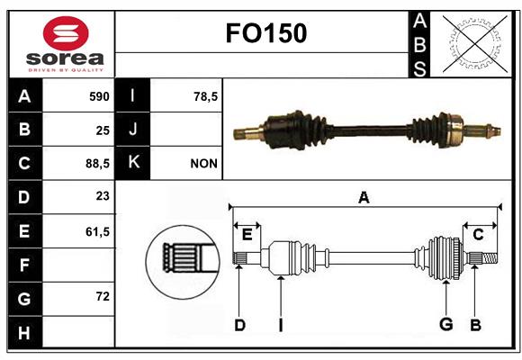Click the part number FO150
[266, 33]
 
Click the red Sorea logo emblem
[66, 33]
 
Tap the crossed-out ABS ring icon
[475, 44]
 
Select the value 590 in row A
[99, 96]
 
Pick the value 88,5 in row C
[97, 164]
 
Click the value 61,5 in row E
[97, 231]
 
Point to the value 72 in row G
[103, 296]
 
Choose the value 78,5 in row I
[206, 96]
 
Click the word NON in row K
[203, 164]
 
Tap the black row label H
[24, 332]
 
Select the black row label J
[132, 130]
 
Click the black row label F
[24, 265]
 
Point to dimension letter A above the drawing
[364, 197]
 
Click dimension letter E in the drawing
[247, 235]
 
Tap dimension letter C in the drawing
[478, 235]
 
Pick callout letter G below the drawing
[446, 324]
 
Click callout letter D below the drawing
[239, 326]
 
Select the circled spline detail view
[183, 262]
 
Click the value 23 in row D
[103, 196]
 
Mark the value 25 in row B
[103, 130]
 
